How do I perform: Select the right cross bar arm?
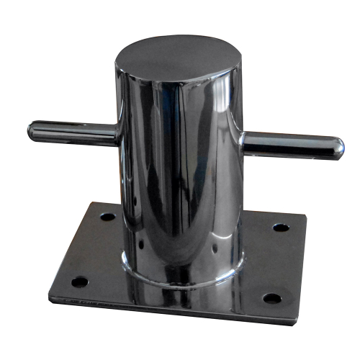(x=288, y=143)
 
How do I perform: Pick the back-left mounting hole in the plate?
(x=107, y=216)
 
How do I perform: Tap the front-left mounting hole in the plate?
(x=79, y=281)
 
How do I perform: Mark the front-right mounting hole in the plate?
(x=271, y=297)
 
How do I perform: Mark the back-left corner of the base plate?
(x=91, y=203)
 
